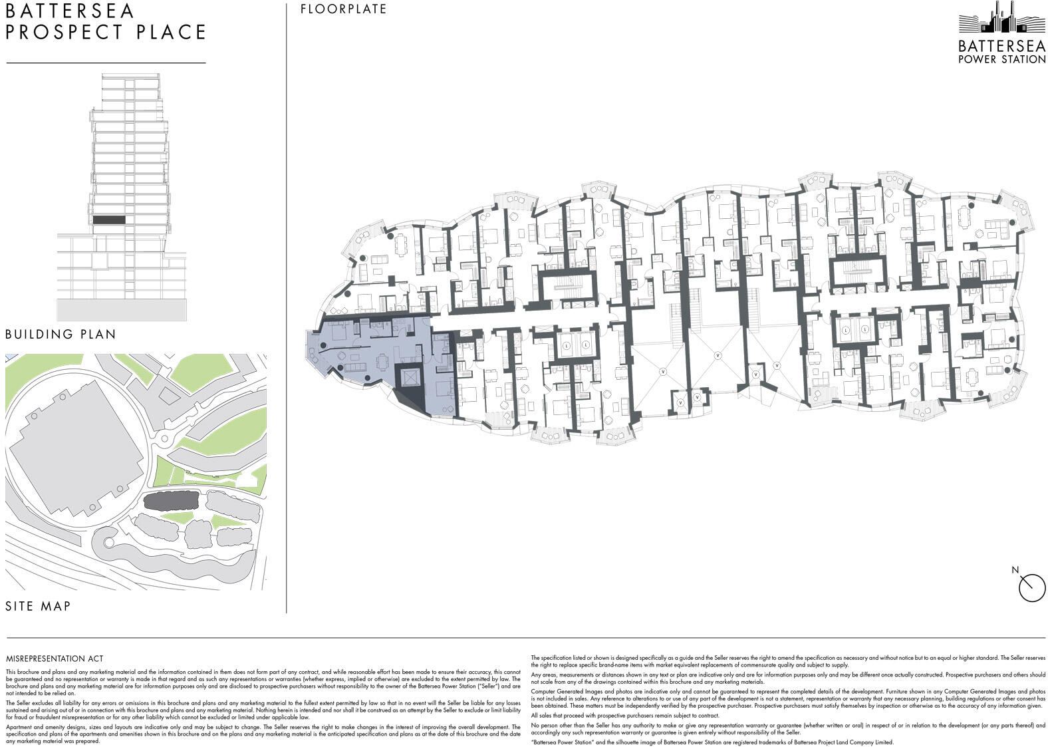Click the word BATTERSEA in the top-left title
coord(70,11)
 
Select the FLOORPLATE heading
coord(343,9)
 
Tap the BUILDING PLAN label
coord(61,334)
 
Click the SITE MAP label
coord(38,606)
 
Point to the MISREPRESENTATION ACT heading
coord(55,659)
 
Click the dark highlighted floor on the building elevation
coord(108,220)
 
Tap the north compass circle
coord(1032,588)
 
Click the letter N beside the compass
coord(1015,570)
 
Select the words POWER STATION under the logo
coord(1001,59)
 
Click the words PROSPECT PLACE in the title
coord(106,32)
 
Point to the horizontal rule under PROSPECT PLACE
coord(106,63)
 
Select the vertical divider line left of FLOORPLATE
coord(287,306)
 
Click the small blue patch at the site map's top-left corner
coord(9,358)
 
